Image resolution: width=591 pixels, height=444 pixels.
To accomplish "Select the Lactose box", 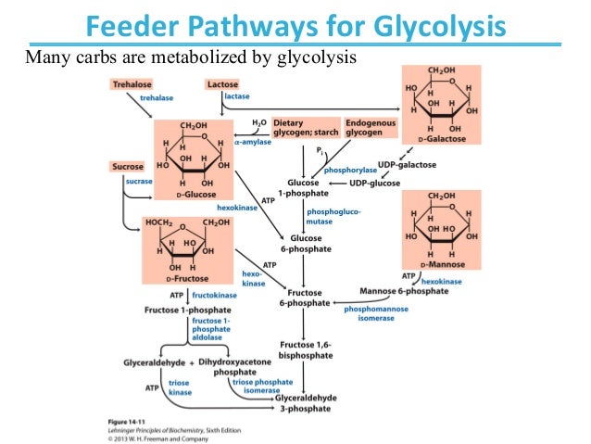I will pos(223,84).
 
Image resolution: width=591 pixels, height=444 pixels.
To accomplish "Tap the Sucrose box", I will pos(127,167).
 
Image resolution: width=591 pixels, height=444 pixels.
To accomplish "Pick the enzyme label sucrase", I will pos(139,182).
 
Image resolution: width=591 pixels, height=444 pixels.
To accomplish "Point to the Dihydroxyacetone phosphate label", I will pos(234,366).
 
